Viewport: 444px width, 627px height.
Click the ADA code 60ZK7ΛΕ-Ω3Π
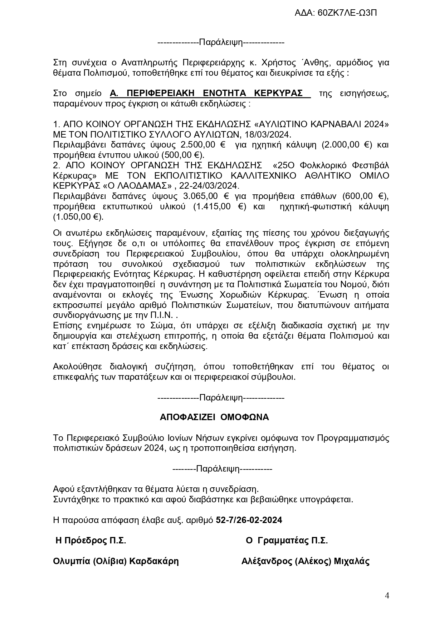click(336, 13)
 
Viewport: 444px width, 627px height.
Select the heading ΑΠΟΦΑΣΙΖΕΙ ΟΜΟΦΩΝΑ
click(214, 417)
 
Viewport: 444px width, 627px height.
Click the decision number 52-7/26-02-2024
click(249, 520)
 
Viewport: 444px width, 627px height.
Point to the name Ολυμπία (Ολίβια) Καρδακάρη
click(116, 561)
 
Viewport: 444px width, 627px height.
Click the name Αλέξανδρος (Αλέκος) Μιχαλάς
click(306, 561)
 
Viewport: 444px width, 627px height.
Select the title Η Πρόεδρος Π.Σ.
click(91, 541)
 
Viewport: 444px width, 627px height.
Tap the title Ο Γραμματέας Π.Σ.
click(287, 541)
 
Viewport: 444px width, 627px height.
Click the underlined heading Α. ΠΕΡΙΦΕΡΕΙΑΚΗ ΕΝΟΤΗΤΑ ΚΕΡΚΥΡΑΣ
click(210, 94)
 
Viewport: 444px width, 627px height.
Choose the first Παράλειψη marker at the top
click(221, 43)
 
